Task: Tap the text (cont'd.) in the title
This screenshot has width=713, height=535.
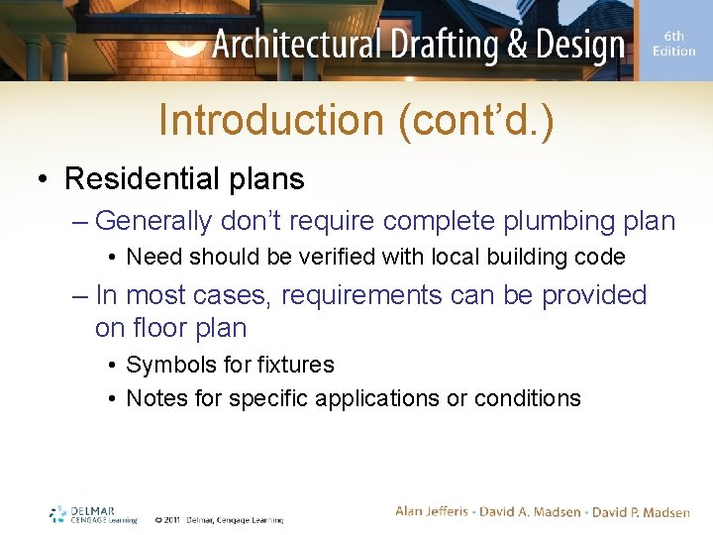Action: pos(475,120)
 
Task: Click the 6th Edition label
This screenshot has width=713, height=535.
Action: pos(674,44)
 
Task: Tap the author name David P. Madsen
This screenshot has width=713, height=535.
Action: pos(641,511)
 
